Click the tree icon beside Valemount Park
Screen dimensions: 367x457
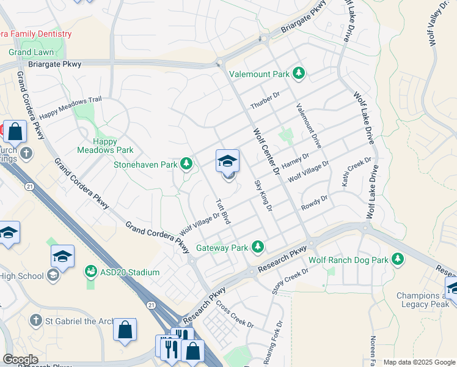(298, 75)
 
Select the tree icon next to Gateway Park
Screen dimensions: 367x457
(258, 247)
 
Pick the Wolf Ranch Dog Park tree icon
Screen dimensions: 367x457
(398, 259)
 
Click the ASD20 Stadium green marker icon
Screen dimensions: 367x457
(91, 270)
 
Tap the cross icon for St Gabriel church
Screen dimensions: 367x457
(36, 320)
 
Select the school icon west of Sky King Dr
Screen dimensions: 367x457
(228, 161)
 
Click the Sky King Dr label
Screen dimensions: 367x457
(263, 196)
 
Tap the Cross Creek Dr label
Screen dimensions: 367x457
(231, 314)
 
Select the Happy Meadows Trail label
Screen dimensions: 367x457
(70, 108)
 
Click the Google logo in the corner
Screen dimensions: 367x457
(20, 360)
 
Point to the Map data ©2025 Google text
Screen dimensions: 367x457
(419, 362)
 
